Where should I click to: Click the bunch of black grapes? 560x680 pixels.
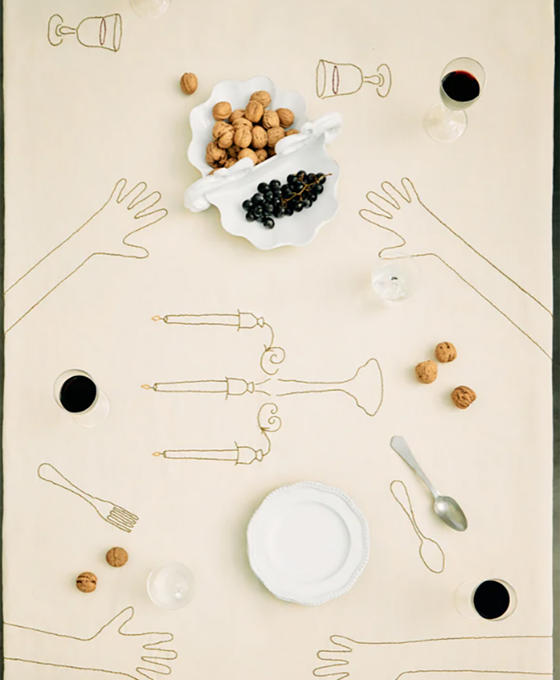tap(283, 197)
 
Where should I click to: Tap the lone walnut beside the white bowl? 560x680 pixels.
tap(189, 84)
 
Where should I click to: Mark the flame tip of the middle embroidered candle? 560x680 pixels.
tap(144, 387)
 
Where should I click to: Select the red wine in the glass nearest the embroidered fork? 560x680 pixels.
tap(78, 394)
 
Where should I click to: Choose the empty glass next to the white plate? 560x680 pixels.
tap(170, 585)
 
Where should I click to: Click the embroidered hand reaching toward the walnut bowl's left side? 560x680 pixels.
tap(137, 216)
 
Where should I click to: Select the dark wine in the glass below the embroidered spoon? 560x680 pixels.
tap(491, 599)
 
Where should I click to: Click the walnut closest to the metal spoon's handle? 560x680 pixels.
tap(426, 371)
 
